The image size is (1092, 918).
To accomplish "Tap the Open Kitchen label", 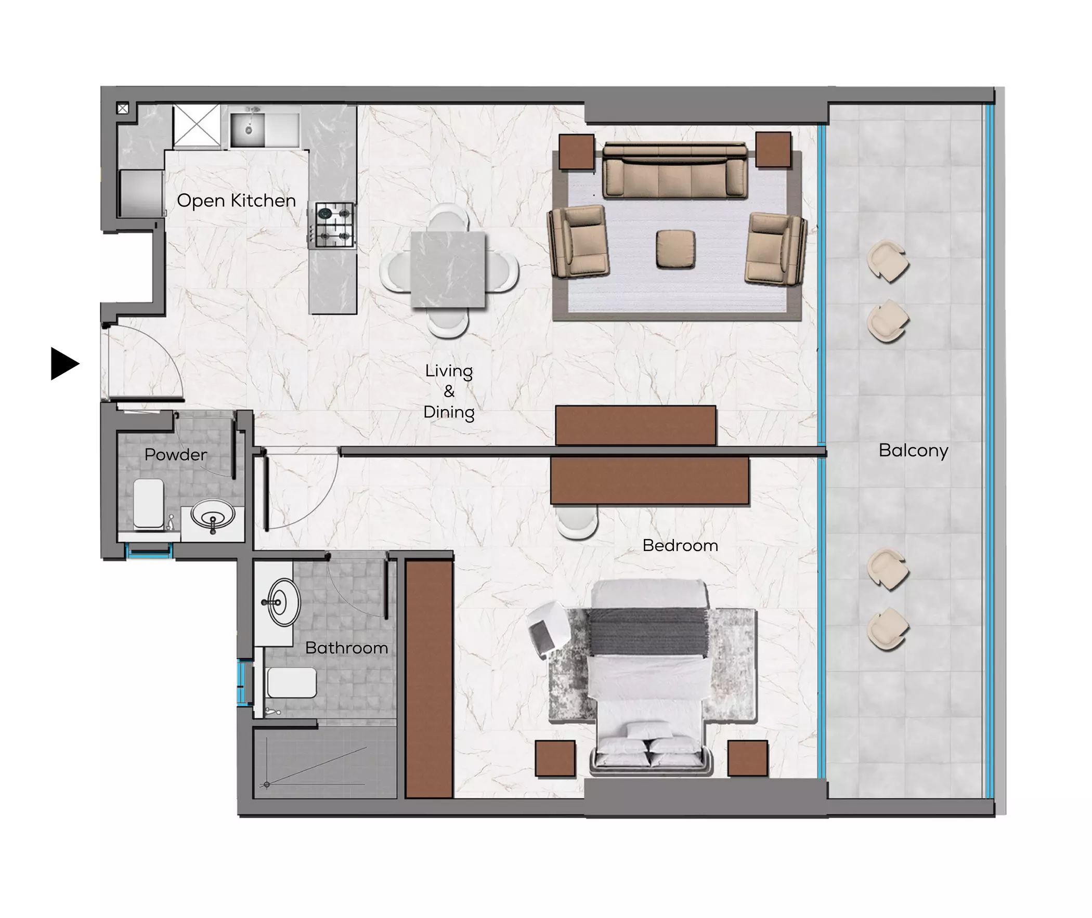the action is (x=236, y=200).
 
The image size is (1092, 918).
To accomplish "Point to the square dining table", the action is (x=448, y=269).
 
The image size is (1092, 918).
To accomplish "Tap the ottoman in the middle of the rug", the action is (x=675, y=250).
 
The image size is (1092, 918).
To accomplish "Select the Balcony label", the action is (x=913, y=450).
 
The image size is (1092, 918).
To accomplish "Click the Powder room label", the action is (x=176, y=454).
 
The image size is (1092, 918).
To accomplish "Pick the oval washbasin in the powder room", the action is (x=213, y=516).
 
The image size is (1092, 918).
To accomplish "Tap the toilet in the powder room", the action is (x=149, y=503).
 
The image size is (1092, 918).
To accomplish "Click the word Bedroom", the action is (x=680, y=545).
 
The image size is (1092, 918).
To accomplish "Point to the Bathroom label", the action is (x=346, y=648).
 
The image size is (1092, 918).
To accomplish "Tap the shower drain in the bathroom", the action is (x=267, y=784).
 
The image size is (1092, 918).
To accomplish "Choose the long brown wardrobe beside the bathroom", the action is (x=429, y=678).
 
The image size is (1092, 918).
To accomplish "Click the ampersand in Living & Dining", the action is (x=449, y=391).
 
